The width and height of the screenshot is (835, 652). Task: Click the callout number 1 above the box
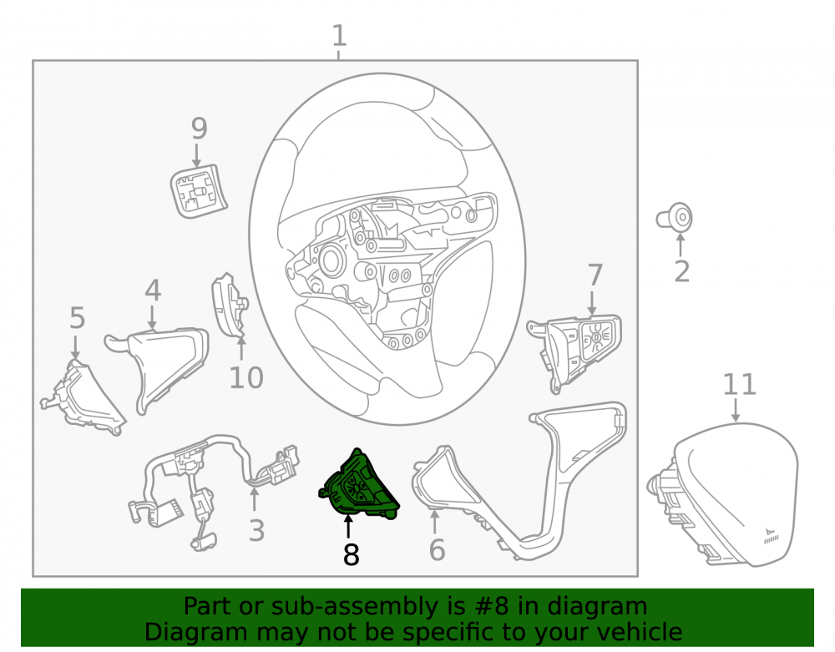pyautogui.click(x=339, y=36)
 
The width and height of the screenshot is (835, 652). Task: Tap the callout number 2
pyautogui.click(x=681, y=271)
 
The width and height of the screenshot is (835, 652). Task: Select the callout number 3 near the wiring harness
pyautogui.click(x=256, y=531)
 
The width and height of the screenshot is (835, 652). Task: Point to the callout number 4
pyautogui.click(x=153, y=290)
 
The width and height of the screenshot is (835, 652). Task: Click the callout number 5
pyautogui.click(x=77, y=318)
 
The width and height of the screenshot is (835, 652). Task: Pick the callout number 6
pyautogui.click(x=437, y=550)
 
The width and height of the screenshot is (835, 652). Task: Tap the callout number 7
pyautogui.click(x=595, y=275)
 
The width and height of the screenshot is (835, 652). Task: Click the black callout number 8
pyautogui.click(x=351, y=554)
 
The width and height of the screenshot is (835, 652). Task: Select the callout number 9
pyautogui.click(x=199, y=129)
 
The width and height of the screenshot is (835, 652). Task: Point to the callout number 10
pyautogui.click(x=246, y=378)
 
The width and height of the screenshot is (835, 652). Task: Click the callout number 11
pyautogui.click(x=739, y=384)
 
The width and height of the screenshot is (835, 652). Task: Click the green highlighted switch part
pyautogui.click(x=359, y=487)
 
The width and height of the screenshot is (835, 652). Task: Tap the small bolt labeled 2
pyautogui.click(x=674, y=218)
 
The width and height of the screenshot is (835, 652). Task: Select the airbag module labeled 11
pyautogui.click(x=724, y=493)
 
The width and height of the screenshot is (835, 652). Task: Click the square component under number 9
pyautogui.click(x=199, y=190)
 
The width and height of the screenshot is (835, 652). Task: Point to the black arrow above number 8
pyautogui.click(x=348, y=528)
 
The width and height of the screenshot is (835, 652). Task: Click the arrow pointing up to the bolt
pyautogui.click(x=680, y=245)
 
